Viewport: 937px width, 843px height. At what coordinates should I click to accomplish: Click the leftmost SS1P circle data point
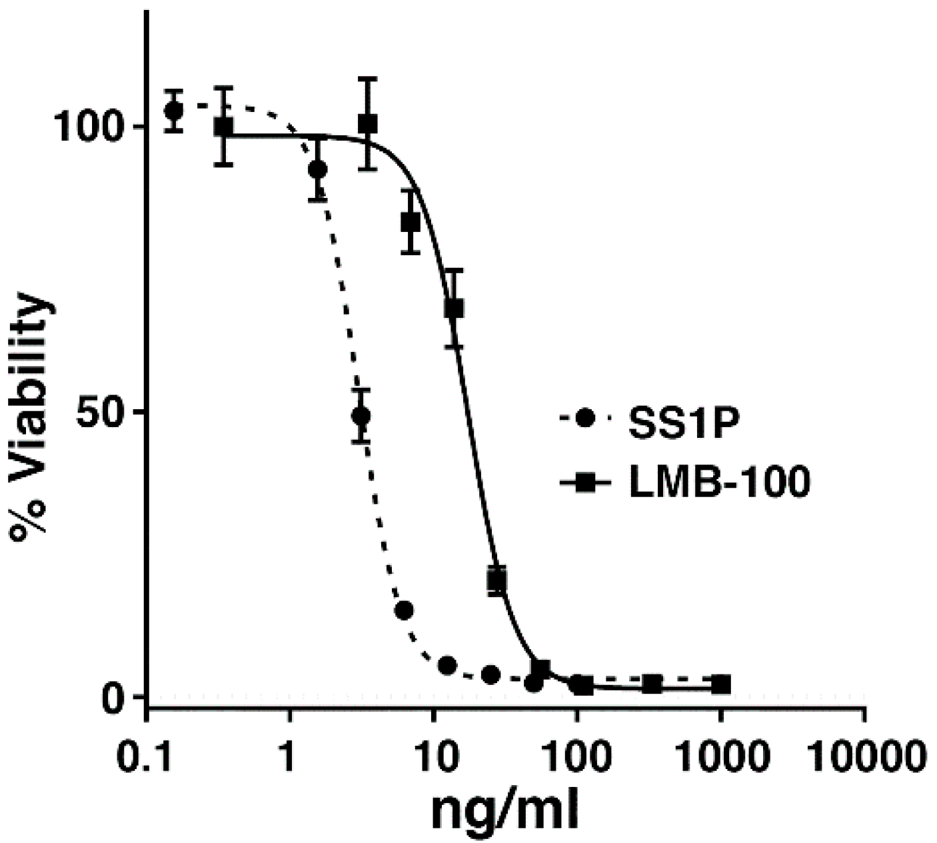(x=175, y=110)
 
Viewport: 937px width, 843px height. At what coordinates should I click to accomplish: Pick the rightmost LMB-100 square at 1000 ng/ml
(x=720, y=684)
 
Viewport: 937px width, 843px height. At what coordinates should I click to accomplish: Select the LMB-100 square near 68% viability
(x=454, y=309)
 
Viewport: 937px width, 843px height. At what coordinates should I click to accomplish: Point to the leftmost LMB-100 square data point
(x=224, y=126)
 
